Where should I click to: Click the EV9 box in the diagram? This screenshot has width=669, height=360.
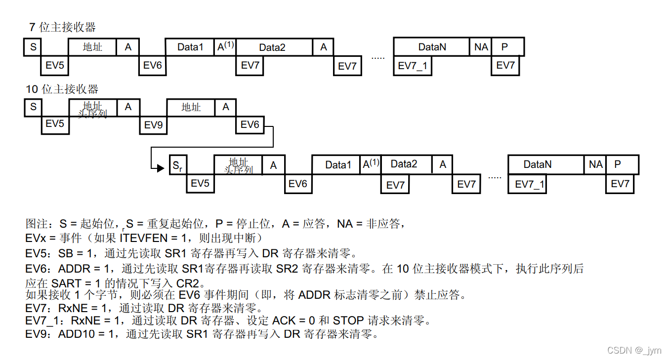click(153, 124)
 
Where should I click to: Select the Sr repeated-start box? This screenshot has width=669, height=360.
click(177, 165)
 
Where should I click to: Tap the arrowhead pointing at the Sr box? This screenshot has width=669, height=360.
click(161, 168)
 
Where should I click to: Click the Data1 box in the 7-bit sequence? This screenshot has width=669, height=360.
click(190, 47)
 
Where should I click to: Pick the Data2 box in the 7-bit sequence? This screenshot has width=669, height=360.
click(272, 47)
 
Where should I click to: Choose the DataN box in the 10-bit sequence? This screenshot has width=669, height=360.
click(537, 164)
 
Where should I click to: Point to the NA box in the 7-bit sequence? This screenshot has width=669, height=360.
click(481, 47)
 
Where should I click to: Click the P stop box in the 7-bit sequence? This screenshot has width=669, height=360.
click(505, 47)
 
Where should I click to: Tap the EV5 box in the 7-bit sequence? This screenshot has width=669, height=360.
click(54, 65)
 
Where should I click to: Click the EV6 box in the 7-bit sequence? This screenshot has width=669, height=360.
click(152, 65)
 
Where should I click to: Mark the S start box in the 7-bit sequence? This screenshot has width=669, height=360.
click(33, 47)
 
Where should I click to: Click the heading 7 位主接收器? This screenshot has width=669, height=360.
click(62, 27)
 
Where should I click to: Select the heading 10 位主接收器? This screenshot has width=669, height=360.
click(62, 89)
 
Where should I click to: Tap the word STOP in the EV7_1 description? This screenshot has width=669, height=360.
click(349, 320)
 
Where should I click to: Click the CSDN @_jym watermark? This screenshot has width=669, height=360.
click(634, 350)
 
